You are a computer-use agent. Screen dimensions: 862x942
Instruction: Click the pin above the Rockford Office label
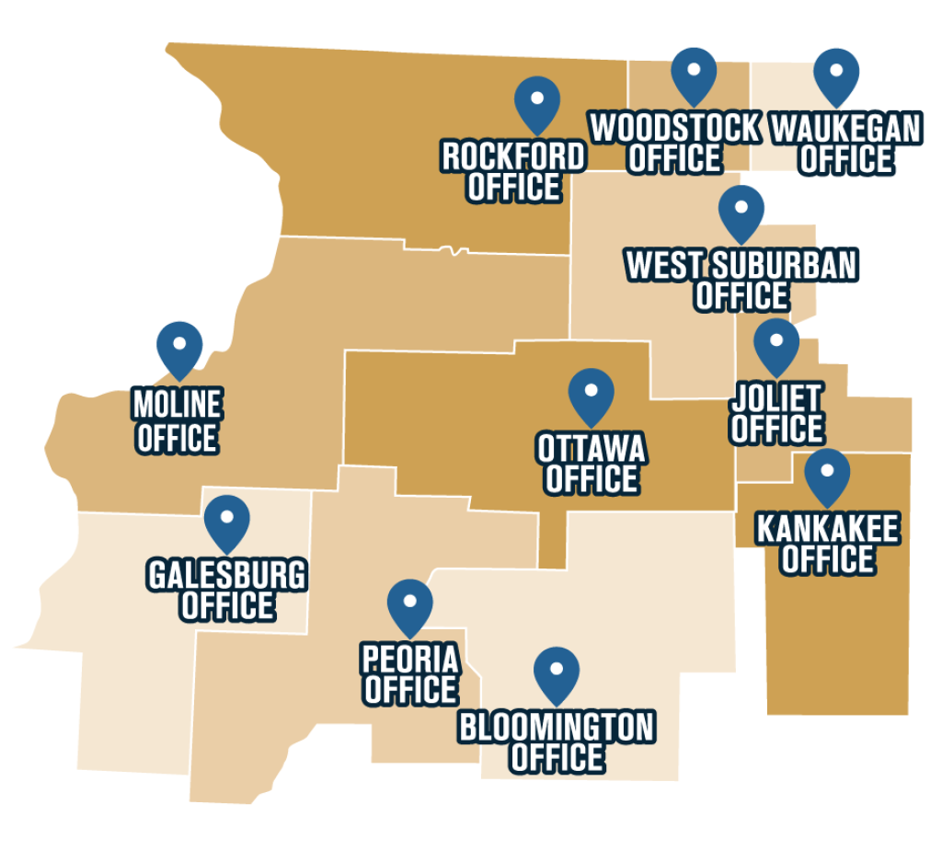coord(537,100)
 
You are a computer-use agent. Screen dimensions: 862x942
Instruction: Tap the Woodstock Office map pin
coord(694,71)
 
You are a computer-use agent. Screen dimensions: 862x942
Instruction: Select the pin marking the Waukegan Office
coord(837,72)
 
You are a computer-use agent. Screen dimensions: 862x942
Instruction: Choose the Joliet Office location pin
coord(776,342)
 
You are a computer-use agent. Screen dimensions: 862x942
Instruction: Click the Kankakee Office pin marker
coord(827,473)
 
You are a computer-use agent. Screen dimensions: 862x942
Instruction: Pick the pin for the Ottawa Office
coord(592,393)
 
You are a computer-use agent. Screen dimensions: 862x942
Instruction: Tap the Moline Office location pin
coord(179,345)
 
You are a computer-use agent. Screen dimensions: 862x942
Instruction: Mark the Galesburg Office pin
coord(227,519)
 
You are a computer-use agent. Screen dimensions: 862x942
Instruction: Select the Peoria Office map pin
coord(410,603)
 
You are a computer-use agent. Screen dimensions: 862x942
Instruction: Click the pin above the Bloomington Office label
coord(557,672)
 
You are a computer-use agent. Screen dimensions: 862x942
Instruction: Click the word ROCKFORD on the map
coord(513,156)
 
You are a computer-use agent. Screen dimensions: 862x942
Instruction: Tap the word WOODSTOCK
coord(675,128)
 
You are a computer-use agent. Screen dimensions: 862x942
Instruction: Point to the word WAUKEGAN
coord(845,129)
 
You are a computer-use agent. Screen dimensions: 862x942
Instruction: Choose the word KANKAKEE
coord(827,529)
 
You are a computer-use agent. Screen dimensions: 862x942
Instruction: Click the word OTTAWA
coord(592,449)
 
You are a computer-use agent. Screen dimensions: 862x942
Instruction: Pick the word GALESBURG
coord(226,576)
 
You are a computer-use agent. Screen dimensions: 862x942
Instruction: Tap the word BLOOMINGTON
coord(557,728)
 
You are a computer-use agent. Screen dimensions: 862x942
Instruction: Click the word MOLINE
coord(178,404)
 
